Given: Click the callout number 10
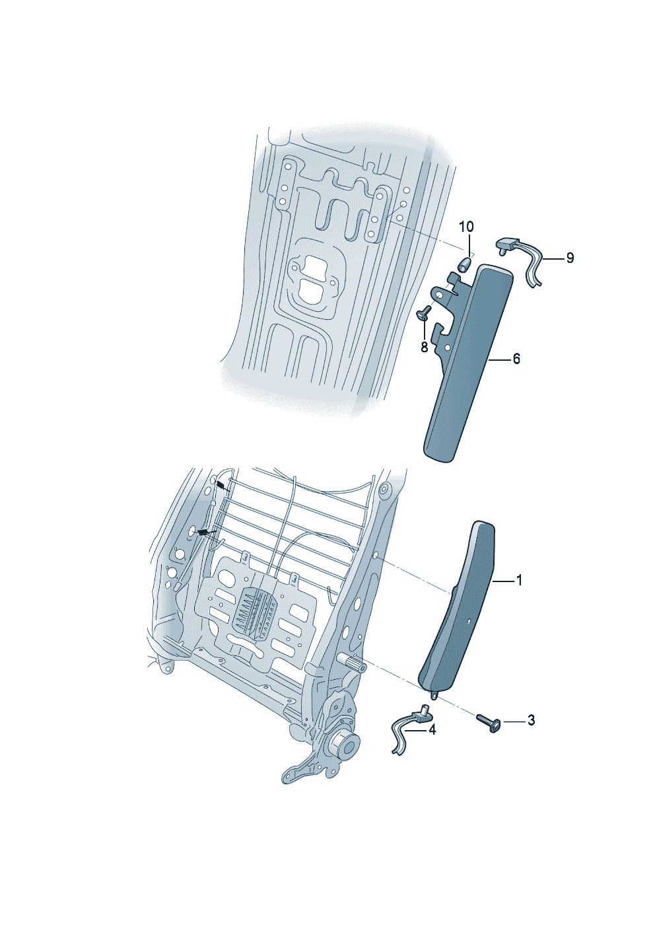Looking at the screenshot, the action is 466,227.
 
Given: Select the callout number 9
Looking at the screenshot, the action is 570,258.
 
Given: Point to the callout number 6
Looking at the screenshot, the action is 516,359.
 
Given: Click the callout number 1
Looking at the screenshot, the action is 519,581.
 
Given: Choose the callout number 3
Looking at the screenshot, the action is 530,720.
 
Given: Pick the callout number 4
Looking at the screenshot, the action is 432,730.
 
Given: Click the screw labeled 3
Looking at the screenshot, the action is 489,722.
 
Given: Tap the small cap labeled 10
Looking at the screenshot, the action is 464,264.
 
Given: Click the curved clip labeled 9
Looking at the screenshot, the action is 523,260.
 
